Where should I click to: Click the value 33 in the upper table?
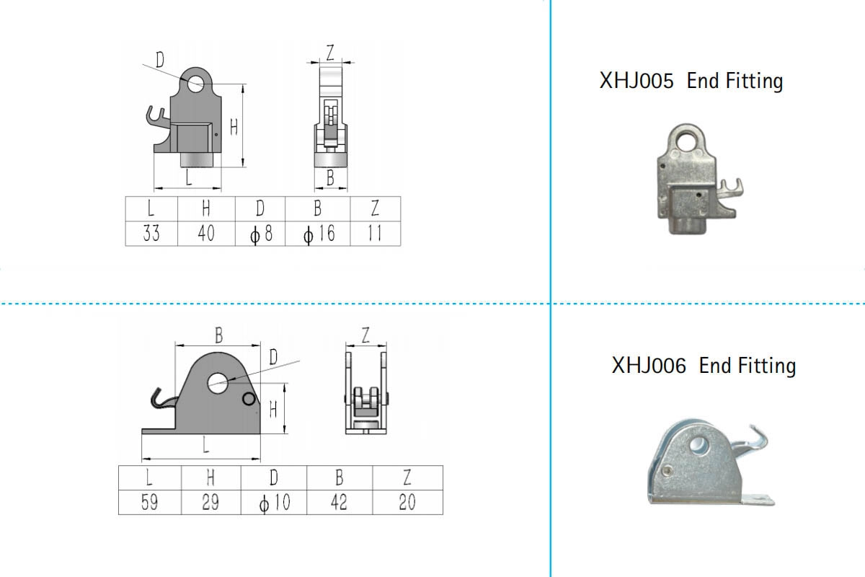[x=151, y=234]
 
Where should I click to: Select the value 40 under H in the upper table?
[x=206, y=234]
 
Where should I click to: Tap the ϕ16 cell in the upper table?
[x=318, y=234]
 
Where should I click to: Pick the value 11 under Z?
[x=375, y=234]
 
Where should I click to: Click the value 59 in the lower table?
[x=149, y=502]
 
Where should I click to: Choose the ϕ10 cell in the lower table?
[x=274, y=502]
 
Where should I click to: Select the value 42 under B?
[x=339, y=502]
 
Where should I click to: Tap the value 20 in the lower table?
[x=407, y=502]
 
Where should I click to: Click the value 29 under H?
[x=210, y=502]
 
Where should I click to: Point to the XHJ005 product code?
[x=636, y=81]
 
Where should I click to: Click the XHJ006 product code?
[x=649, y=366]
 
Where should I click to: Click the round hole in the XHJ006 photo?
[x=698, y=444]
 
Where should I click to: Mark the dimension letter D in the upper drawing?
[x=160, y=57]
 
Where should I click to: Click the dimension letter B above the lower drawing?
[x=218, y=335]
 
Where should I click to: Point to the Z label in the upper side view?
[x=330, y=53]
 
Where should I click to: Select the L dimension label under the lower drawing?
[x=206, y=446]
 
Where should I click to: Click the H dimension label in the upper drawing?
[x=234, y=126]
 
